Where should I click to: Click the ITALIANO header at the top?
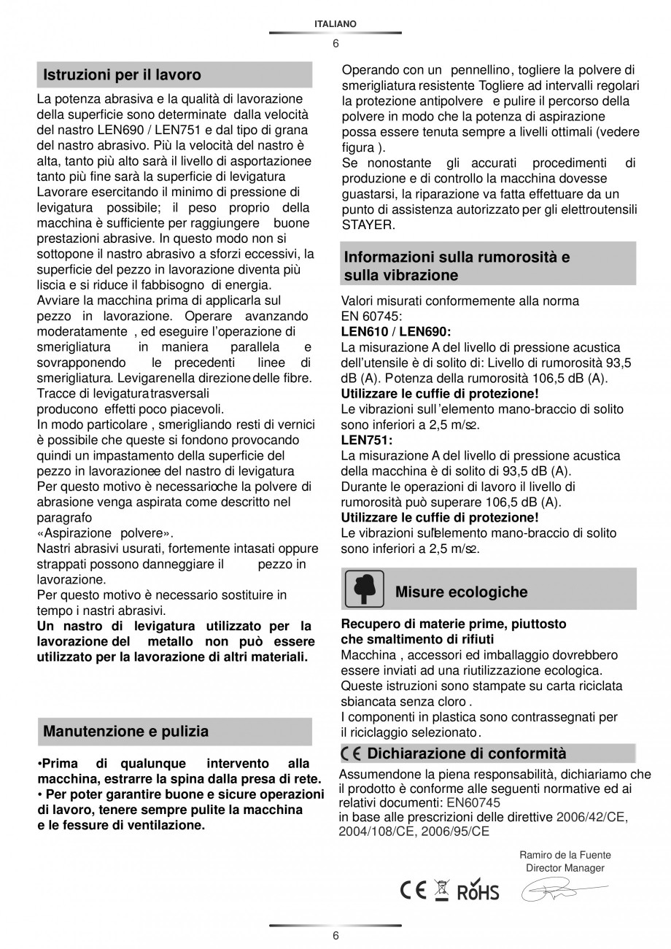click(x=335, y=24)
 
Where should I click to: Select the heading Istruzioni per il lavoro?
click(x=122, y=75)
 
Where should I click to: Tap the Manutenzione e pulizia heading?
click(x=125, y=731)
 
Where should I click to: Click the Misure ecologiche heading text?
click(x=461, y=592)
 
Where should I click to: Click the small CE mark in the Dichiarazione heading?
click(x=351, y=754)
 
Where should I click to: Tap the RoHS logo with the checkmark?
click(x=478, y=890)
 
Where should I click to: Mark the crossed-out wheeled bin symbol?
click(x=441, y=890)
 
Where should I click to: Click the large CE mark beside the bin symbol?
click(x=413, y=891)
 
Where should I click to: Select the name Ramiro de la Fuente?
click(x=565, y=855)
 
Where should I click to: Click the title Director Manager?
click(x=565, y=868)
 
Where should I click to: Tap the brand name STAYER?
click(x=368, y=225)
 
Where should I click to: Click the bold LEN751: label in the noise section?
click(x=367, y=440)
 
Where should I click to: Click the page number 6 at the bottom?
click(x=335, y=936)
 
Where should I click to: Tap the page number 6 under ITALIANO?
click(x=335, y=43)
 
